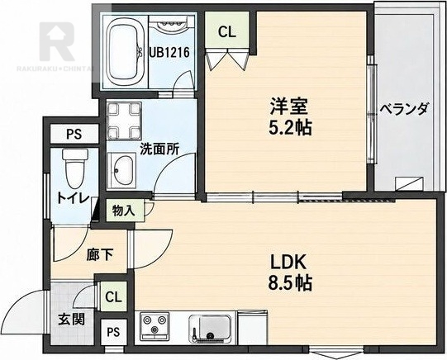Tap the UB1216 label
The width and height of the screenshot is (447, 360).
coord(169,52)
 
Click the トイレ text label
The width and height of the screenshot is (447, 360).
coord(74,197)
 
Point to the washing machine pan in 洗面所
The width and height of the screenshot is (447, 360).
coord(124,120)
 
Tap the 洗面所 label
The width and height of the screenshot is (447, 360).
coord(159,149)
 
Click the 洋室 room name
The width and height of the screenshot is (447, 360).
coord(289,107)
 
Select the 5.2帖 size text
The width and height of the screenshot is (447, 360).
coord(290,127)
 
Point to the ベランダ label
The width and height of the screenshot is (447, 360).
coord(404,109)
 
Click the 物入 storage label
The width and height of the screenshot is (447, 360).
coord(123,211)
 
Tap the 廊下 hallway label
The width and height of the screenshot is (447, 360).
coord(100,254)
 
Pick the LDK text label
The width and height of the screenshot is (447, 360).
coord(288,263)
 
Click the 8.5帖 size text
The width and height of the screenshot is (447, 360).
coord(290,282)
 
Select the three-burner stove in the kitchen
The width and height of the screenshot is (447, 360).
coord(155,326)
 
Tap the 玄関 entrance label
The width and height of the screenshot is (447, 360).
coord(72,320)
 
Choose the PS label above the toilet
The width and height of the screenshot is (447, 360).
coord(74,134)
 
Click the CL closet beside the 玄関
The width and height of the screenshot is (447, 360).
coord(113,296)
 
